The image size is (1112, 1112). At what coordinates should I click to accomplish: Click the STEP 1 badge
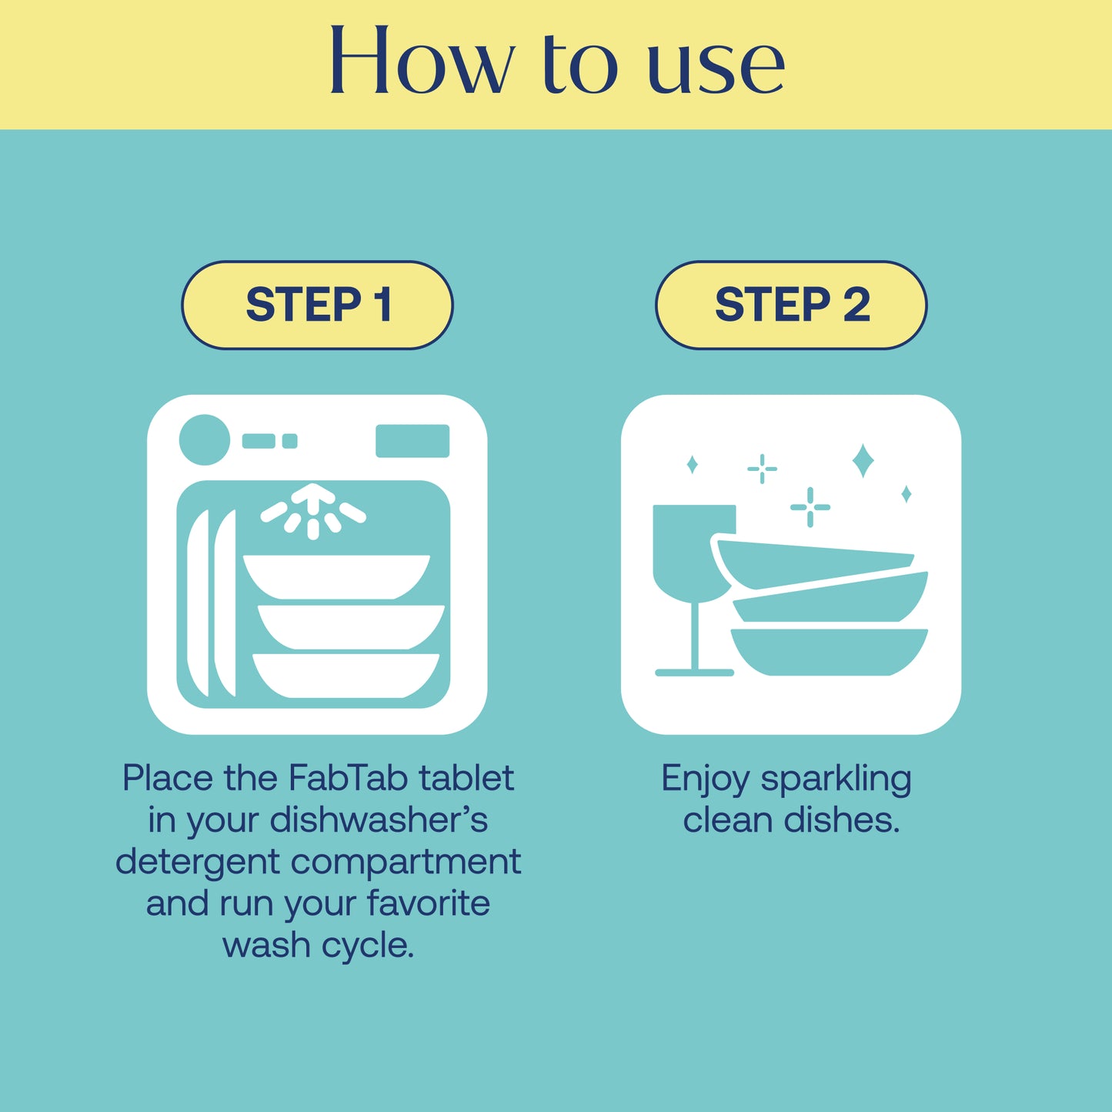(317, 305)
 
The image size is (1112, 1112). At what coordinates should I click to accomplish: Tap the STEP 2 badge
(791, 305)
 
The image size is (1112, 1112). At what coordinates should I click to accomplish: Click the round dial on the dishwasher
(204, 439)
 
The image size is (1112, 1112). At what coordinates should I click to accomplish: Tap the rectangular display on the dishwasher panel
(412, 441)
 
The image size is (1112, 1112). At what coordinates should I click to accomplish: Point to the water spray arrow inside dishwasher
(312, 510)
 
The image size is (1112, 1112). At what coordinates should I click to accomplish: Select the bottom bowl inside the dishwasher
(346, 676)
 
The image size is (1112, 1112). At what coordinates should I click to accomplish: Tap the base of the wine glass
(695, 673)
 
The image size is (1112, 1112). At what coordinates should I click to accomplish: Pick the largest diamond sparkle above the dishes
(863, 460)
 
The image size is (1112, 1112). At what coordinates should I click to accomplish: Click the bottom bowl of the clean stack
(830, 652)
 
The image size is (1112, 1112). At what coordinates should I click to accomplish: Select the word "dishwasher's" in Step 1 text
(379, 820)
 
